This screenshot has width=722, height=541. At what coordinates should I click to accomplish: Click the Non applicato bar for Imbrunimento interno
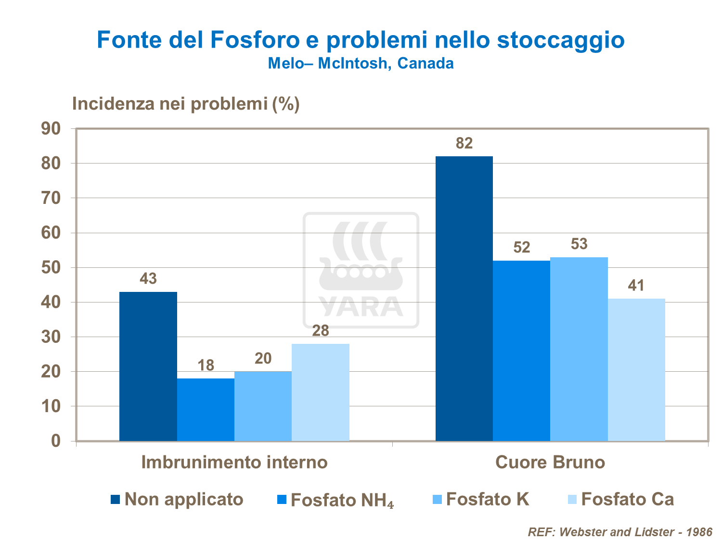[148, 366]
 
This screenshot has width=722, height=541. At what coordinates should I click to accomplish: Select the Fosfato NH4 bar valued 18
[206, 410]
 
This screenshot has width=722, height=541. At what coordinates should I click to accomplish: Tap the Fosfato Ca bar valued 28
[321, 392]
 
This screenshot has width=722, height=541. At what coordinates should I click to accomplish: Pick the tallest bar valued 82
[464, 299]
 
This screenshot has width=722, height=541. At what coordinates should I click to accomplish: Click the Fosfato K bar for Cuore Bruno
[579, 349]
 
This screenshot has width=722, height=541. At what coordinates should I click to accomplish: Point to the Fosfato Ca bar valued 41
[636, 370]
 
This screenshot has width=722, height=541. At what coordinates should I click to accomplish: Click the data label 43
[148, 278]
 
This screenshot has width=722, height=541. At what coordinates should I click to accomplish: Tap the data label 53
[579, 244]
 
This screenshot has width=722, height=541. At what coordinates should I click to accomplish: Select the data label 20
[263, 358]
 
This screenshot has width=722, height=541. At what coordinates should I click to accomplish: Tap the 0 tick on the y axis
[56, 441]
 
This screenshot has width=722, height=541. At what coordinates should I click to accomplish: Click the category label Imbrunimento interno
[234, 462]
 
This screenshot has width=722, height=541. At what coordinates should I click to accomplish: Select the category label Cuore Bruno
[550, 462]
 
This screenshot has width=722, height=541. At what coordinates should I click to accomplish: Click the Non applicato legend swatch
[115, 499]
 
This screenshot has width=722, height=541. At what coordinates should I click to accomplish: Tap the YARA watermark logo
[361, 270]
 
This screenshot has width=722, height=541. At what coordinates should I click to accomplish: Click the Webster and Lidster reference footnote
[620, 532]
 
